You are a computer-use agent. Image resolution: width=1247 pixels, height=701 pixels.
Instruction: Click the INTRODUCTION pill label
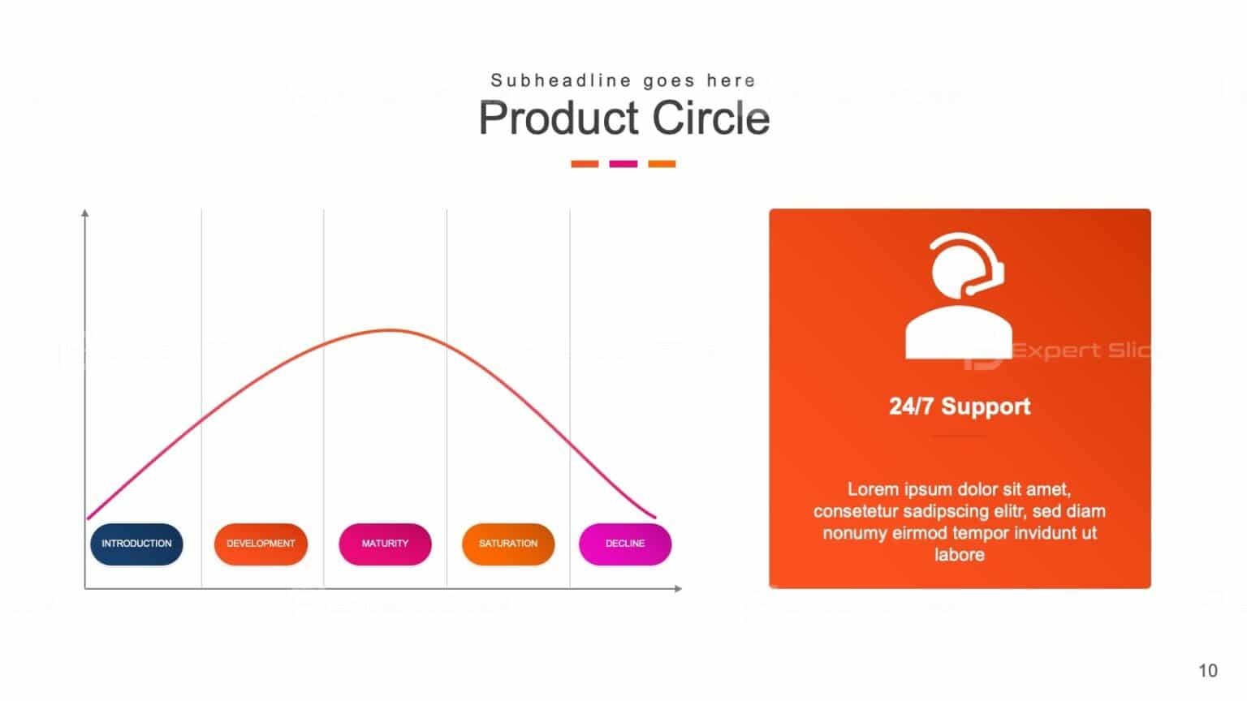tap(136, 544)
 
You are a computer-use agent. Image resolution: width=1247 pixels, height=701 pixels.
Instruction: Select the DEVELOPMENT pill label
tap(261, 544)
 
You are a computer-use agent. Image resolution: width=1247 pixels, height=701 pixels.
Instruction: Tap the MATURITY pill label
tap(385, 544)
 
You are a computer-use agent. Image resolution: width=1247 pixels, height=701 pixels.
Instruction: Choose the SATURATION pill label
tap(508, 544)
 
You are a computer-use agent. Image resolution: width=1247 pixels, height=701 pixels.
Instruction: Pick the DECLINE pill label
tap(625, 544)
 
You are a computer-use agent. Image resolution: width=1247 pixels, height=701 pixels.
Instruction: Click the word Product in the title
tap(559, 118)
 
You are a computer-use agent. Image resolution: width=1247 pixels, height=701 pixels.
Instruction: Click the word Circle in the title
tap(711, 118)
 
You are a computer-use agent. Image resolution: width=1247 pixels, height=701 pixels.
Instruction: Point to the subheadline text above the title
tap(623, 80)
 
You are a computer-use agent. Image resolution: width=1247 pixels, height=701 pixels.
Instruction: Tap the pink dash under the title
tap(623, 164)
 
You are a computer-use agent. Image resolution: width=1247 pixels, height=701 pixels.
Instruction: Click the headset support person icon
tap(959, 296)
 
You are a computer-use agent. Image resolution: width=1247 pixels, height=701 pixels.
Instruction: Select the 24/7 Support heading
tap(960, 406)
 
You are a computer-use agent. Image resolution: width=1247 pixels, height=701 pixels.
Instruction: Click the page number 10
tap(1208, 671)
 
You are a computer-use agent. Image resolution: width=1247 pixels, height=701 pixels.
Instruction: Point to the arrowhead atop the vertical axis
tap(85, 213)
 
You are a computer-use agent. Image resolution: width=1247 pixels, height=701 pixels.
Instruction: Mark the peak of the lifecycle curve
tap(390, 330)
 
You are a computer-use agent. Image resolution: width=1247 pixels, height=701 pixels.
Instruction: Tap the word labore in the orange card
tap(959, 555)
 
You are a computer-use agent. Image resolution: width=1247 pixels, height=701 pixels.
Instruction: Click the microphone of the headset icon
tap(970, 290)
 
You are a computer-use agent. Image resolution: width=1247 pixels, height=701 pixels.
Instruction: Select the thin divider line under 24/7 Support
tap(959, 436)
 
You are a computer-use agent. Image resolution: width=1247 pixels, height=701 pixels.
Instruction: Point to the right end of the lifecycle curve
tap(654, 516)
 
